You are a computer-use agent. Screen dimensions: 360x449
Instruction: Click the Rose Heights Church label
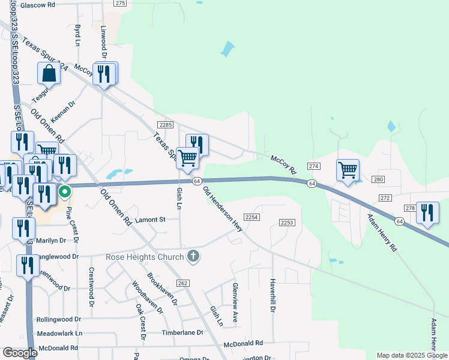[145, 257]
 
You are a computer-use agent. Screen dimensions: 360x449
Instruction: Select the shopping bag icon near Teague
[49, 73]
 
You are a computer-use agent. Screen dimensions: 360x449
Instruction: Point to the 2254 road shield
[252, 217]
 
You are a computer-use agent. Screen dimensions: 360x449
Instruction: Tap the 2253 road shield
[287, 223]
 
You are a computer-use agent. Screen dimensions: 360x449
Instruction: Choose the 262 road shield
[183, 283]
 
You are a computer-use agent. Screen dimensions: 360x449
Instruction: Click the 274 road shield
[313, 166]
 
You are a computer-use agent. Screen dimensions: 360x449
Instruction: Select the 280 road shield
[378, 179]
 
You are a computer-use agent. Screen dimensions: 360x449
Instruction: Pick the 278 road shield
[410, 208]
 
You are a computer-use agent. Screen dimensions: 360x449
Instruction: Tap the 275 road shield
[121, 3]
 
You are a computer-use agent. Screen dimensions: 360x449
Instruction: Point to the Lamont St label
[149, 220]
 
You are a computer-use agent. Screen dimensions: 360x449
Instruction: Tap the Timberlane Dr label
[182, 332]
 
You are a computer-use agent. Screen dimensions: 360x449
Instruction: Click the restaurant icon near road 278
[427, 213]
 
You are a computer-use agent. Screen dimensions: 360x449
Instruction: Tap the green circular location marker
[64, 193]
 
